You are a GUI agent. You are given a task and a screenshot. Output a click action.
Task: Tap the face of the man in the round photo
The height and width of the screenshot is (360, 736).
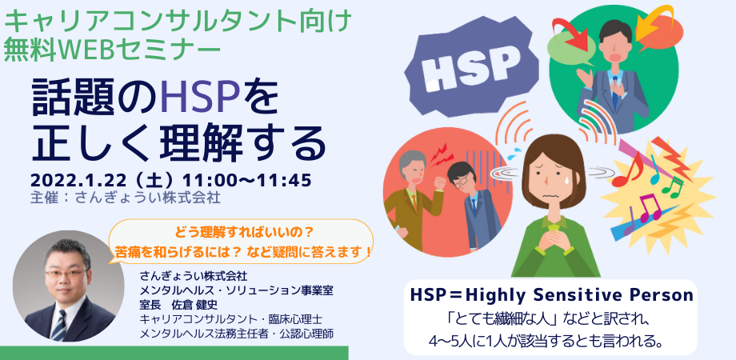click(x=64, y=276)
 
